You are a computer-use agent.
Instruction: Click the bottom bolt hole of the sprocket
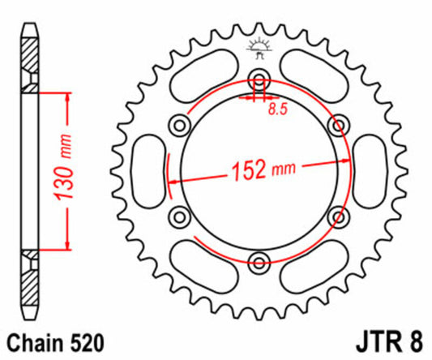point(259,261)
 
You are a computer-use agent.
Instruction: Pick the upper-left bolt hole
point(179,124)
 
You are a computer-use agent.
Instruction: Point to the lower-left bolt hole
point(179,216)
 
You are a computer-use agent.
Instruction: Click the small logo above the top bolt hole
point(259,47)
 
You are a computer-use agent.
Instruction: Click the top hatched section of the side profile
point(29,61)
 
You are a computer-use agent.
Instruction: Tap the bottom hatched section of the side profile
point(29,280)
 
